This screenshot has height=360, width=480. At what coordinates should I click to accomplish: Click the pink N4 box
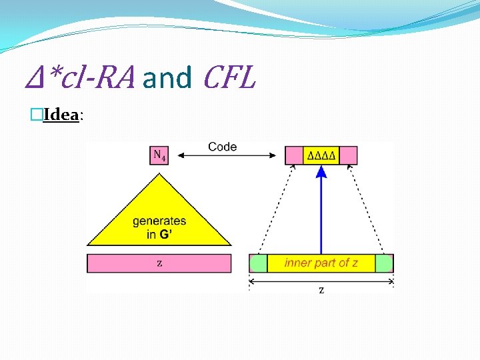click(159, 155)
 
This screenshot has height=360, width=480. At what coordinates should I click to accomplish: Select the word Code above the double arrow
click(222, 147)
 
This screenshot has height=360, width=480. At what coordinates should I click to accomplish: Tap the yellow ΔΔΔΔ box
click(321, 155)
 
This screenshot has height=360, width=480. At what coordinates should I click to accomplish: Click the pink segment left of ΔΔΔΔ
click(294, 155)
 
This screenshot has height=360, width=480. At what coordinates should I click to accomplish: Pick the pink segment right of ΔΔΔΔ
click(349, 155)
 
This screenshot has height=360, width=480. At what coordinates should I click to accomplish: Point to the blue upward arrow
click(321, 213)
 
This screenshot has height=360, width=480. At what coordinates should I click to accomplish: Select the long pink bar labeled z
click(159, 263)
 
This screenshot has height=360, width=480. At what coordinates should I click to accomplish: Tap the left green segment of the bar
click(258, 263)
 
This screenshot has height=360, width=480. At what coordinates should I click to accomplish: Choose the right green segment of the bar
click(384, 263)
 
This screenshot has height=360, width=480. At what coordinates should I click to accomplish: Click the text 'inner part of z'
click(321, 263)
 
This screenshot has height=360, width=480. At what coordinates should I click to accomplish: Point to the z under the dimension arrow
click(321, 290)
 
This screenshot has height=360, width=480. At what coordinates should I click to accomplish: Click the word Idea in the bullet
click(61, 115)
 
